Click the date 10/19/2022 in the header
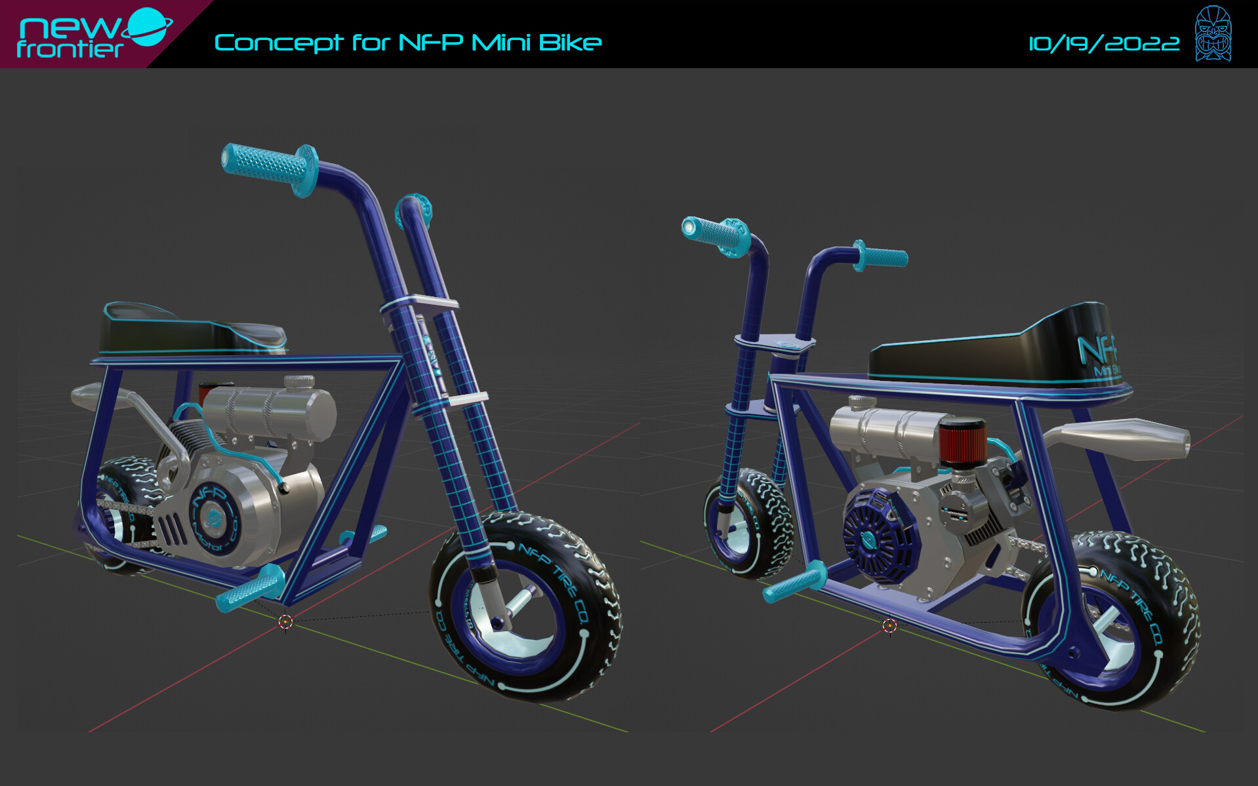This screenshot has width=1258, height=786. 1103,44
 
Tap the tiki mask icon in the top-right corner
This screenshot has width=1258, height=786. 1213,33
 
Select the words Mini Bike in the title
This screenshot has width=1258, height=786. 536,43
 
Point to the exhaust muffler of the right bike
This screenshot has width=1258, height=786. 1128,437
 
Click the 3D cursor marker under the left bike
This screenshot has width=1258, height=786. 285,621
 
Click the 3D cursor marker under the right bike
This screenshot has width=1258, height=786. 889,625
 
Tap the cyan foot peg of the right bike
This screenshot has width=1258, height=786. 794,582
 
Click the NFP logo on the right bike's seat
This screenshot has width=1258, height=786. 1097,351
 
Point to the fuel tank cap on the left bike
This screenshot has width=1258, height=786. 298,381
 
